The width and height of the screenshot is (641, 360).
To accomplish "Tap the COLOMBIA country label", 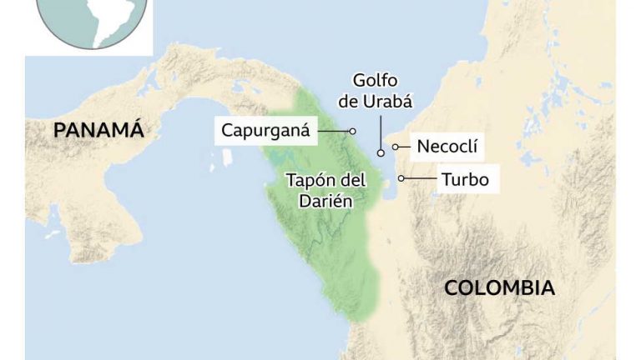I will pyautogui.click(x=499, y=288).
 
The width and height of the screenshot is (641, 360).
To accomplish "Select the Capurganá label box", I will pyautogui.click(x=265, y=131).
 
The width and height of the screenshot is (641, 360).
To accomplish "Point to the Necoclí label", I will pyautogui.click(x=447, y=147).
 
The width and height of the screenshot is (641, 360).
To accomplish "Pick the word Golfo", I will pyautogui.click(x=376, y=81).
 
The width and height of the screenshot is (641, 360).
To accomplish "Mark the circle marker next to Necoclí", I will pyautogui.click(x=395, y=147).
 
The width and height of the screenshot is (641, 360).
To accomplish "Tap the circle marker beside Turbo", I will pyautogui.click(x=401, y=177).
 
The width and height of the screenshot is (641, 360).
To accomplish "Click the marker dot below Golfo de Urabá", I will pyautogui.click(x=381, y=153).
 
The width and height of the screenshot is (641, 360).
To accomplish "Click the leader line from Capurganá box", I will pyautogui.click(x=334, y=131).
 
